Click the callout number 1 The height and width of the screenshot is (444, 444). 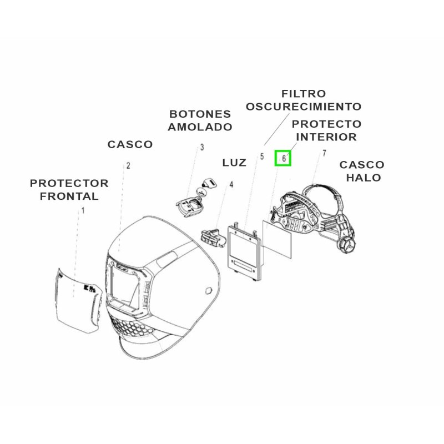coord(83,210)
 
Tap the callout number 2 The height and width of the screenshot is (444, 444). coord(128,165)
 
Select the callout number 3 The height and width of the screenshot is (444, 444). coord(202,147)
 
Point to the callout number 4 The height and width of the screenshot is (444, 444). coord(231,185)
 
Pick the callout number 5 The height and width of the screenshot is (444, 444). coord(262,157)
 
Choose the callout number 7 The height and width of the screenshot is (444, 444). coord(324,153)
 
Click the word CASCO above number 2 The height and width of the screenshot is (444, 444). coord(130,144)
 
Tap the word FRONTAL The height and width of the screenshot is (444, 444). coord(69,196)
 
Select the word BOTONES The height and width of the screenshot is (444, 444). coord(200,114)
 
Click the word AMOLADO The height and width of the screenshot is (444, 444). coord(200,127)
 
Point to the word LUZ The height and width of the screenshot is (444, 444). coord(234,163)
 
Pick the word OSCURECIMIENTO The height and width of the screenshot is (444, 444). coord(304,107)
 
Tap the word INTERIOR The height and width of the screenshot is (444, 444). coord(326,137)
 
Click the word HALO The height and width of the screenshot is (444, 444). coord(364,178)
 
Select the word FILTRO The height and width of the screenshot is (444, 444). coord(304,94)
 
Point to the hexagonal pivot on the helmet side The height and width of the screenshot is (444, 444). coord(208,291)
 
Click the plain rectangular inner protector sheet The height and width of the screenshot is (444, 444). coord(276,239)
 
